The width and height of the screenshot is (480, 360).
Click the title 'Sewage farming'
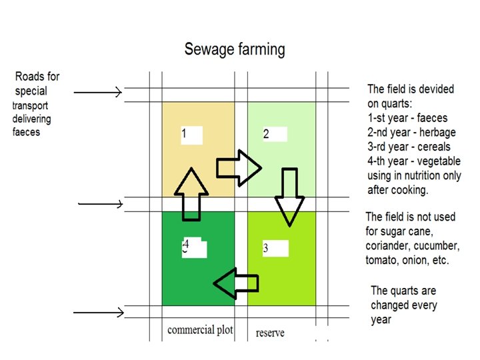[234, 49]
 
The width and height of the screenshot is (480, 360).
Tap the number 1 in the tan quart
[183, 134]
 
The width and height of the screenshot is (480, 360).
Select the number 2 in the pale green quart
[266, 134]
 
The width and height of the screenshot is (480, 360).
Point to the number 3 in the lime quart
[265, 249]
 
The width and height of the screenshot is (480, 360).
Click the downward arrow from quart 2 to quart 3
[289, 197]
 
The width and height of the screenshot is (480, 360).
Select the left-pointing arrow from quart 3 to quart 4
[235, 283]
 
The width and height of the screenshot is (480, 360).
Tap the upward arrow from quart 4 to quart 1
[192, 194]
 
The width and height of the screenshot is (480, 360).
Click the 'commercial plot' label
[200, 330]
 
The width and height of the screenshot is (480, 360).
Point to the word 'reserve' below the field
[270, 332]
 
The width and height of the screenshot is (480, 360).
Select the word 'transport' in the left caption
[31, 105]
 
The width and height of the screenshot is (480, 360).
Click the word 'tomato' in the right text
[381, 259]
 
